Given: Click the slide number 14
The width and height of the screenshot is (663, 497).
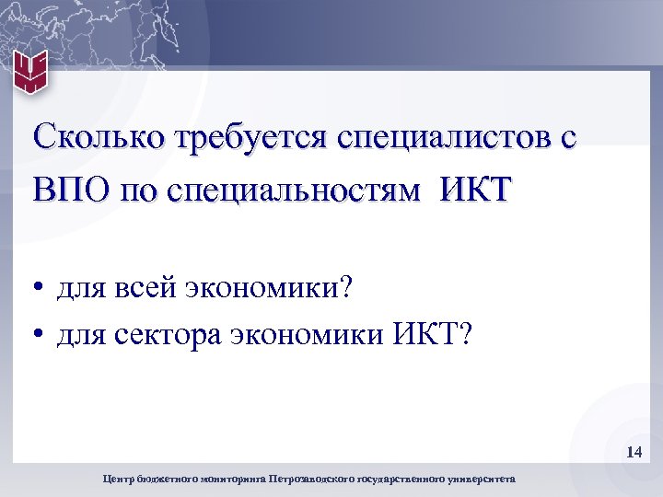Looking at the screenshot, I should [634, 452].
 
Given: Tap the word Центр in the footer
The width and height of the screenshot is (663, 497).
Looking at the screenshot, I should [121, 479].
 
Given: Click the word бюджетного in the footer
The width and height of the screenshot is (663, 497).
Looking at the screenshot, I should [167, 479].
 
